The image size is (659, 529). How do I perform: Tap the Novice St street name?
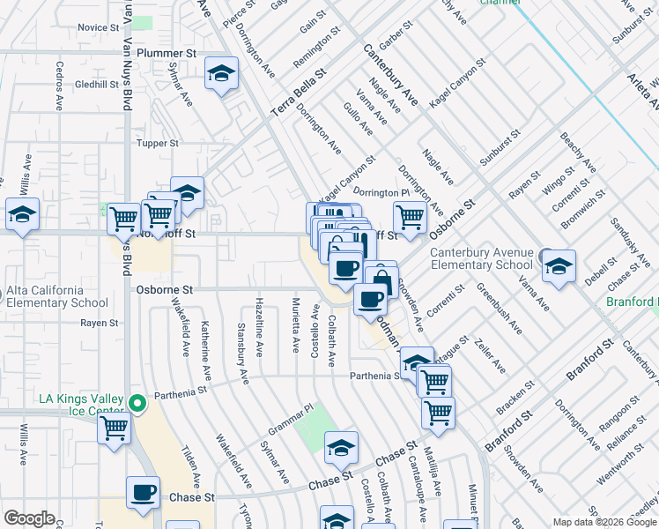[x=98, y=27]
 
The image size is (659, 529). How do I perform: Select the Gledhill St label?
[x=97, y=85]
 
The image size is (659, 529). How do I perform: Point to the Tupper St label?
[x=158, y=143]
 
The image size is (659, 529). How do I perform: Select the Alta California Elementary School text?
[x=57, y=296]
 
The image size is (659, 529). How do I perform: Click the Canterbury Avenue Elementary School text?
[x=481, y=258]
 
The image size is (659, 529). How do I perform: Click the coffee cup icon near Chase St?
[x=142, y=493]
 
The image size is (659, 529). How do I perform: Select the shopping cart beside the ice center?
[x=115, y=428]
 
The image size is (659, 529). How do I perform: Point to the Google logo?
[x=29, y=518]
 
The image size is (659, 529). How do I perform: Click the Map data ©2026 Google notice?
[x=602, y=522]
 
